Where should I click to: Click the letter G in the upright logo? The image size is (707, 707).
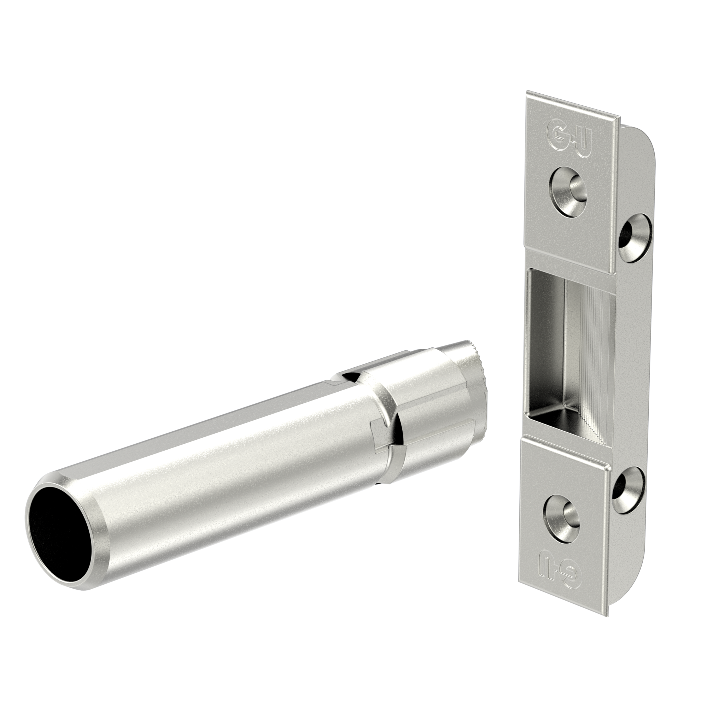[x=555, y=135]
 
